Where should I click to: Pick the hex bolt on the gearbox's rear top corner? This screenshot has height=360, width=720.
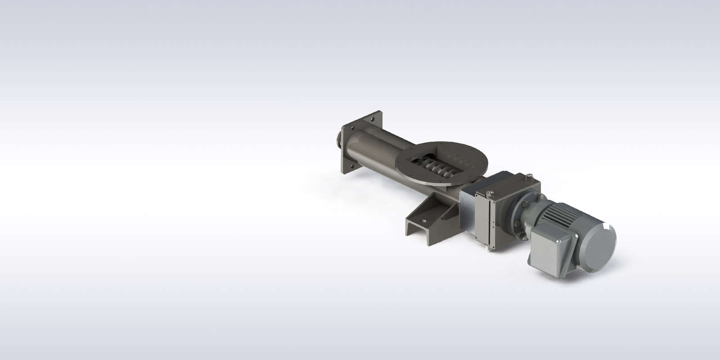tap(529, 176)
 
